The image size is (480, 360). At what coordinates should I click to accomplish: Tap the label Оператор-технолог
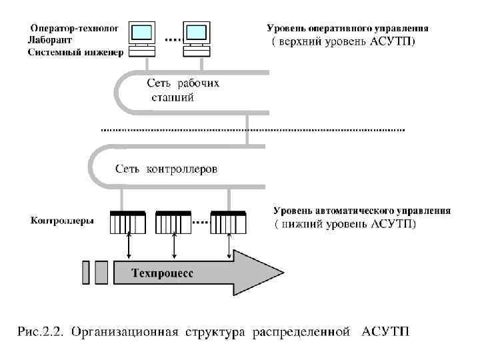coord(74,29)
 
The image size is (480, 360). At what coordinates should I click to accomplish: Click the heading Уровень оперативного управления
coord(347,29)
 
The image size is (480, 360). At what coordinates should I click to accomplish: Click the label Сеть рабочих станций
coord(182,90)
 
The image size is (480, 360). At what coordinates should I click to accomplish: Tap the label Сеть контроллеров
coord(166,169)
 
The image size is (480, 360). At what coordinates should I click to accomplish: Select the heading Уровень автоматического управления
coord(361,211)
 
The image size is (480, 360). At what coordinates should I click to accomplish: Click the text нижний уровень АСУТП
coord(347,224)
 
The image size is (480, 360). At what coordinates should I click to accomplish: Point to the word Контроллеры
coord(62,220)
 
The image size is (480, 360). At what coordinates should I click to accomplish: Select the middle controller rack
coord(173,223)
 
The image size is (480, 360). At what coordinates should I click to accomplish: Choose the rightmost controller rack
coord(229,223)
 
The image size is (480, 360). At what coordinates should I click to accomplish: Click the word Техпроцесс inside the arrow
coord(163,273)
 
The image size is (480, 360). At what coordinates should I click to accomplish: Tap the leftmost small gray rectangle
coord(86,272)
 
